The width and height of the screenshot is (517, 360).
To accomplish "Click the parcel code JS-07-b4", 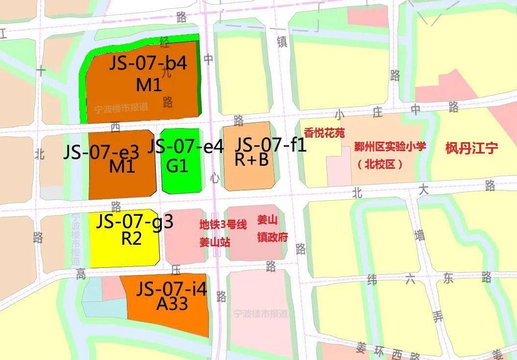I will tap(148, 64).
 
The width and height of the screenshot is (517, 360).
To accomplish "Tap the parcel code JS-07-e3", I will tap(101, 152).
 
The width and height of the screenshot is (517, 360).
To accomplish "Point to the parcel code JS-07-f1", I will tap(271, 145).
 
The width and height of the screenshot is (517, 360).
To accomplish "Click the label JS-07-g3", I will tap(134, 222).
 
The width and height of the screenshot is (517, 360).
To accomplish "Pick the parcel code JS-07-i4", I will tap(172, 288).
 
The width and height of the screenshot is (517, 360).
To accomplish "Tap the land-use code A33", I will tap(172, 305).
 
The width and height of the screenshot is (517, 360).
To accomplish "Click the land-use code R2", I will tap(131, 239).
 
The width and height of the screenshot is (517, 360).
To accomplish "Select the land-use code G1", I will tap(177, 166).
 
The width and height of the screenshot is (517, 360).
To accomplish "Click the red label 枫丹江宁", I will tap(471, 148).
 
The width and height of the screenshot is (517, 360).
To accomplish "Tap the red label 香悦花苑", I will tap(324, 133).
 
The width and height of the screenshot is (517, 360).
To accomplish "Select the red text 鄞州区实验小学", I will tap(391, 147).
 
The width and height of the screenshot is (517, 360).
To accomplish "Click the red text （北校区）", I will tap(380, 164).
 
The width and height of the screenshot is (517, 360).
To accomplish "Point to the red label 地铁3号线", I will tap(222, 225).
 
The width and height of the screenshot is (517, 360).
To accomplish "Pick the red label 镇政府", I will tap(272, 237).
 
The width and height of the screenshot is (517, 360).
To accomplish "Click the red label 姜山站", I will tap(214, 242).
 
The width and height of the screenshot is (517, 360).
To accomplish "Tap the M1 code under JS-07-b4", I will tap(148, 85).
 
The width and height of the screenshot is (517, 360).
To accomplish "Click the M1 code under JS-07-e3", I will tap(122, 167).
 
